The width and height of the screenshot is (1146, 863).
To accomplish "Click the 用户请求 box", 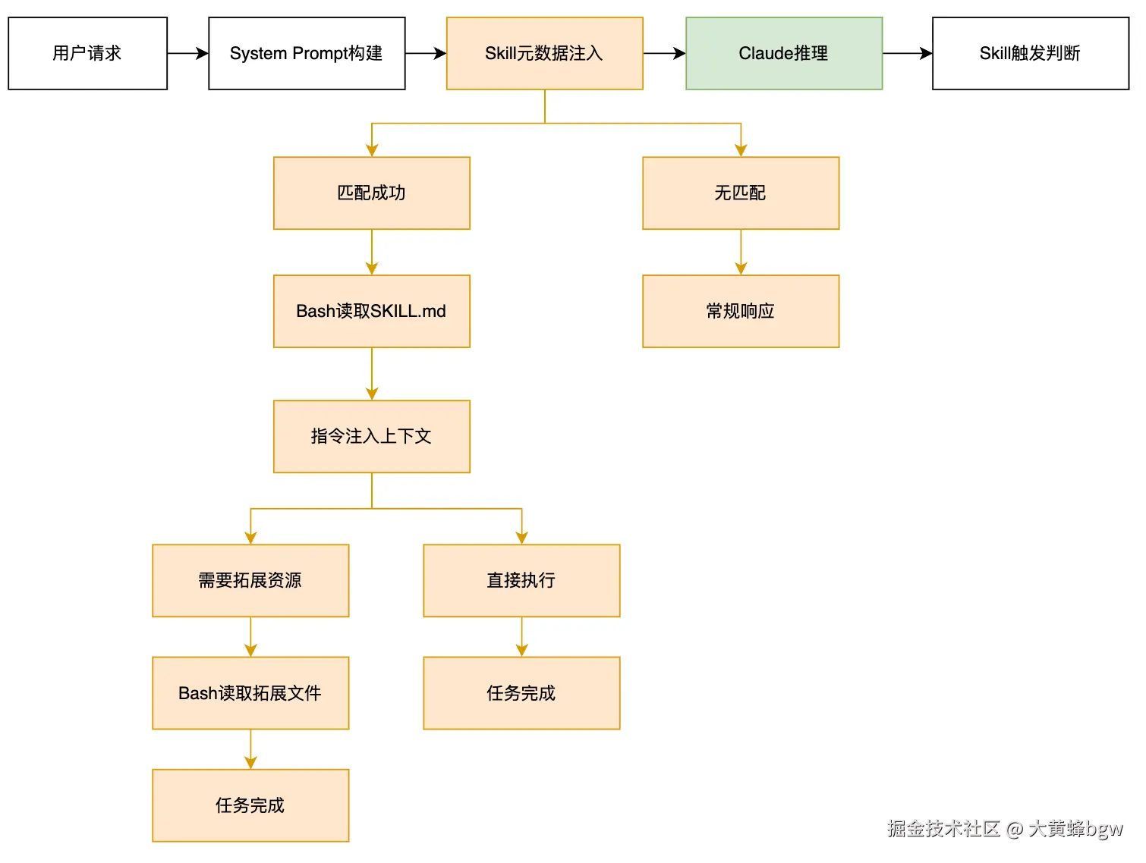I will tap(87, 53).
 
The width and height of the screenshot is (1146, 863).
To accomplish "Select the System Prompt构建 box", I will tap(307, 53).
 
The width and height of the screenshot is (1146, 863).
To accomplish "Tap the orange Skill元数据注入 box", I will tap(544, 53).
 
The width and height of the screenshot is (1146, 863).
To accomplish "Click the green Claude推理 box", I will tap(784, 53).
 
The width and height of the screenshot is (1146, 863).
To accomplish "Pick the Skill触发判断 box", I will tap(1030, 53).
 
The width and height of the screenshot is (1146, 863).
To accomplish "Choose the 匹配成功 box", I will tap(371, 193).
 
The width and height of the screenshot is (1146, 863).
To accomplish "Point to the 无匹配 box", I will tap(741, 193).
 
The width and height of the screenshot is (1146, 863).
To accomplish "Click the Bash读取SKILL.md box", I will tap(371, 311).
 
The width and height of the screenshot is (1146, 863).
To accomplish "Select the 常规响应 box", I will tap(741, 311).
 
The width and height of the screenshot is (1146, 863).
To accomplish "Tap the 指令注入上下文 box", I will tap(371, 436).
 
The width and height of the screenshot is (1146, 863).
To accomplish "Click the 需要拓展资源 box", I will tap(250, 580).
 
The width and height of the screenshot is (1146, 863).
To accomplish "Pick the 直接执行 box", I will tap(521, 580).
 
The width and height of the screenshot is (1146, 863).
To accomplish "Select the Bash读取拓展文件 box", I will tap(250, 693).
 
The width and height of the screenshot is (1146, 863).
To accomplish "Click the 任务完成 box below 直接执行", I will tap(521, 693).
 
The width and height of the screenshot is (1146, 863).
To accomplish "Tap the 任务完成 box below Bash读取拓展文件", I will tap(250, 805).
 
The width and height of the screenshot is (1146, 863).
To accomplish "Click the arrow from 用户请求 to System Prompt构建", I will tap(187, 53).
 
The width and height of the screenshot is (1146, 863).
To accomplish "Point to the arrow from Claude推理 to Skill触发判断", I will tap(907, 53).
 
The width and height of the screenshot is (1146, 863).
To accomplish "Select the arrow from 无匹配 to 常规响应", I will tap(741, 252).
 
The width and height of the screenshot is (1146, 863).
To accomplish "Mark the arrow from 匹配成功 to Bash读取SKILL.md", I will tap(371, 252).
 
